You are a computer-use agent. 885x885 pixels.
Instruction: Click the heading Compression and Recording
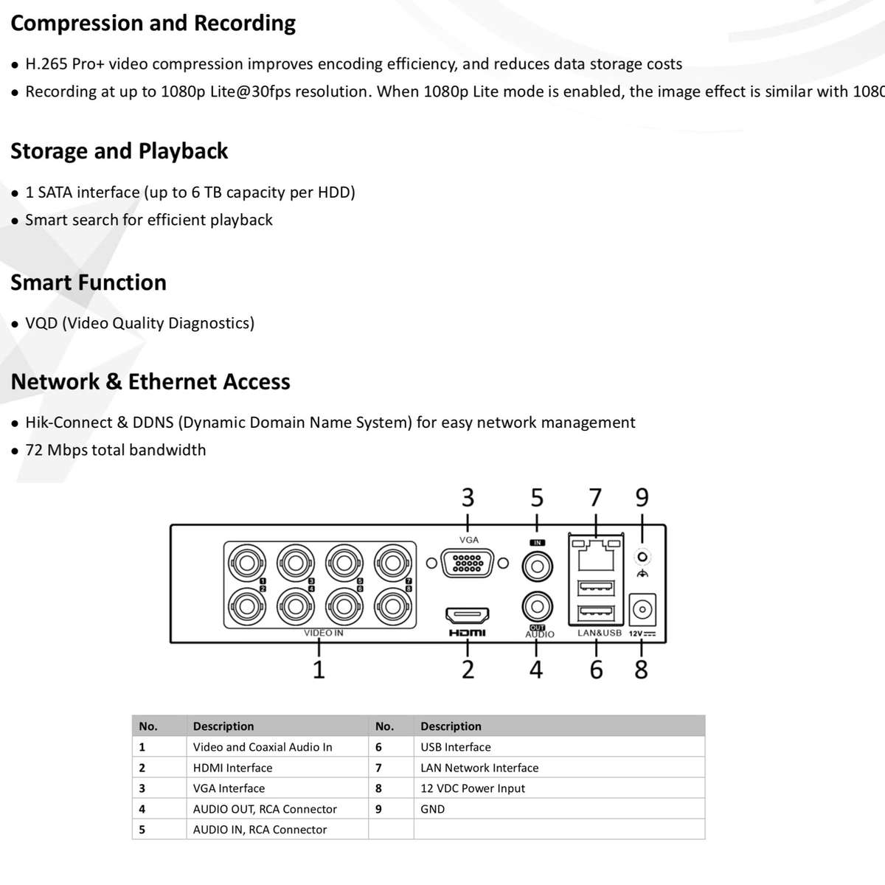click(153, 24)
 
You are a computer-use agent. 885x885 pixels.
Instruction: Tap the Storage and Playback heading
click(119, 151)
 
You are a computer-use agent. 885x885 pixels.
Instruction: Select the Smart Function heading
click(88, 282)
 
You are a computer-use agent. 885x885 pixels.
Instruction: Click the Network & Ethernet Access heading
click(150, 382)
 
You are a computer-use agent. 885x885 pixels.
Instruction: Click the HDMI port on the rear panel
click(468, 614)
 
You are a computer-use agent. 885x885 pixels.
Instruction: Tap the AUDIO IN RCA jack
click(538, 566)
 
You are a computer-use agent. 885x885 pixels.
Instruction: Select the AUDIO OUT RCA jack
click(538, 607)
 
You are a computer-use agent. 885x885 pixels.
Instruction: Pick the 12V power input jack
click(643, 610)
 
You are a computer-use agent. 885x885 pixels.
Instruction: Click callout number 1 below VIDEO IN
click(319, 670)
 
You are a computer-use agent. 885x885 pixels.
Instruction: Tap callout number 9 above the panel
click(642, 498)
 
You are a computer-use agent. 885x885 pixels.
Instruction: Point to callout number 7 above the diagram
click(596, 498)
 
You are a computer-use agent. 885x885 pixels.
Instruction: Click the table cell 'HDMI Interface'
click(232, 768)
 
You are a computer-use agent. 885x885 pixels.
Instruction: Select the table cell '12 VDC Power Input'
click(473, 788)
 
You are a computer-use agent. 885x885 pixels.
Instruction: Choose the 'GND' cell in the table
click(433, 809)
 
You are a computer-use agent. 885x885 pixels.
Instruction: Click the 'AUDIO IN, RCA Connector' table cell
click(260, 830)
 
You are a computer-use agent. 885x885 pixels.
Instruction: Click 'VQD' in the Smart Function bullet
click(41, 323)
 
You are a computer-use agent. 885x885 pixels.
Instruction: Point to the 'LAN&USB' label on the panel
click(599, 633)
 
